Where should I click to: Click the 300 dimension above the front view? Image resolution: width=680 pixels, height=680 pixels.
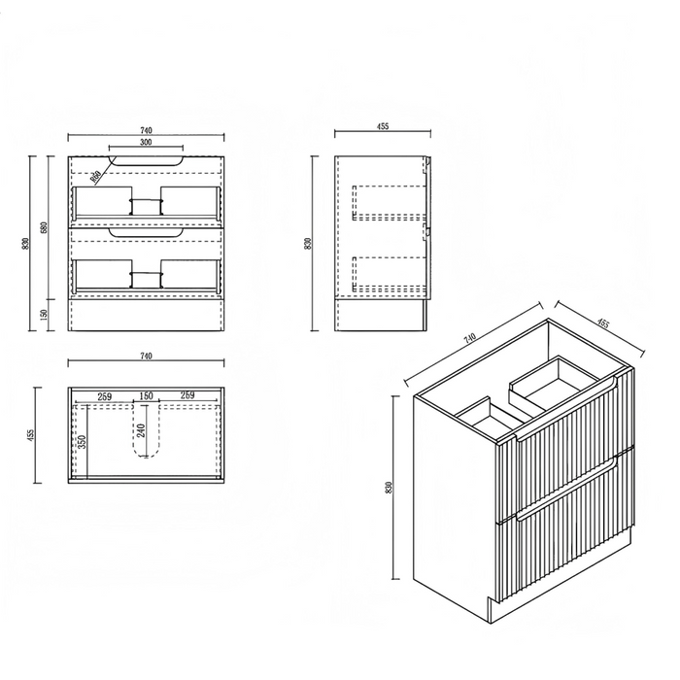tap(146, 142)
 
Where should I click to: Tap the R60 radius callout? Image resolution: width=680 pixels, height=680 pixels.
tap(95, 176)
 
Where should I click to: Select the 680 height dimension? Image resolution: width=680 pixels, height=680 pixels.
tap(44, 227)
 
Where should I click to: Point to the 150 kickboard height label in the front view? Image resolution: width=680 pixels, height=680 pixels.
tap(44, 315)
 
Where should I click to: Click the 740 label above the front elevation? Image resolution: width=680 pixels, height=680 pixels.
tap(146, 130)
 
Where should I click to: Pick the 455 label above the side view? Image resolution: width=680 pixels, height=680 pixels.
tap(383, 126)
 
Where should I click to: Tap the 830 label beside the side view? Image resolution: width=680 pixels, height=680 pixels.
tap(308, 243)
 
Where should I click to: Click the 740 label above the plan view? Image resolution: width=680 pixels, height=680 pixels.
tap(146, 357)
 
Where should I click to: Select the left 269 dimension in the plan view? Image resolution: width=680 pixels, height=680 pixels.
tap(104, 396)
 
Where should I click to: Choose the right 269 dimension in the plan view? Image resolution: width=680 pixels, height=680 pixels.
tap(187, 395)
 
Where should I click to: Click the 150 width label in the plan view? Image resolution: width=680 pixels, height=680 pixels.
tap(146, 396)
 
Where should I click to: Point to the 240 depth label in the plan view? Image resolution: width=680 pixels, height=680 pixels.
tap(141, 430)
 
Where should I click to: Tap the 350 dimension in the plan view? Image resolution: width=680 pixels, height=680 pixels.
tap(83, 441)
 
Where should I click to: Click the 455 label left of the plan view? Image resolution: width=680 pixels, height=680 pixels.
tap(30, 435)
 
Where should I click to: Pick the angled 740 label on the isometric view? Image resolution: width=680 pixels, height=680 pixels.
tap(469, 338)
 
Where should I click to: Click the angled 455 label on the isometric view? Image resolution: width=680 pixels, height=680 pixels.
tap(603, 323)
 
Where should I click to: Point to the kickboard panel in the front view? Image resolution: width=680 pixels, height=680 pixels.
tap(146, 316)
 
